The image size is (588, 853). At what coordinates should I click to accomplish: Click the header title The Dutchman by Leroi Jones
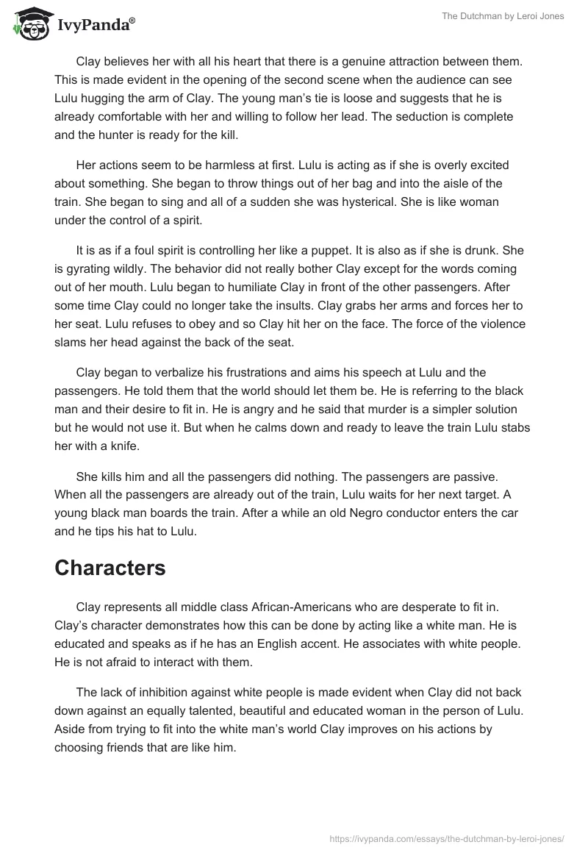pos(503,16)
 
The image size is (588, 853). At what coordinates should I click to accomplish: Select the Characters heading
pos(110,568)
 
